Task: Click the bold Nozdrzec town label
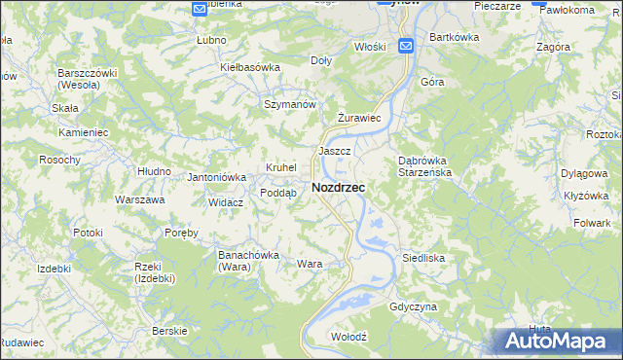[x=339, y=188]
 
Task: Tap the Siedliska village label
[x=423, y=258]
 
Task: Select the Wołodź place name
[x=348, y=336]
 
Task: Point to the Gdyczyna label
[x=412, y=306]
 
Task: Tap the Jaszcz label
[x=334, y=152]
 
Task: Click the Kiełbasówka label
[x=250, y=67]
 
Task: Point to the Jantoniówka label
[x=216, y=177]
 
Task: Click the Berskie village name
[x=170, y=331]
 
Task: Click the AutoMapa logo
[x=560, y=341]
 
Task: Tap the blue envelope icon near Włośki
[x=406, y=45]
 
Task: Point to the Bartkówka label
[x=455, y=37]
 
